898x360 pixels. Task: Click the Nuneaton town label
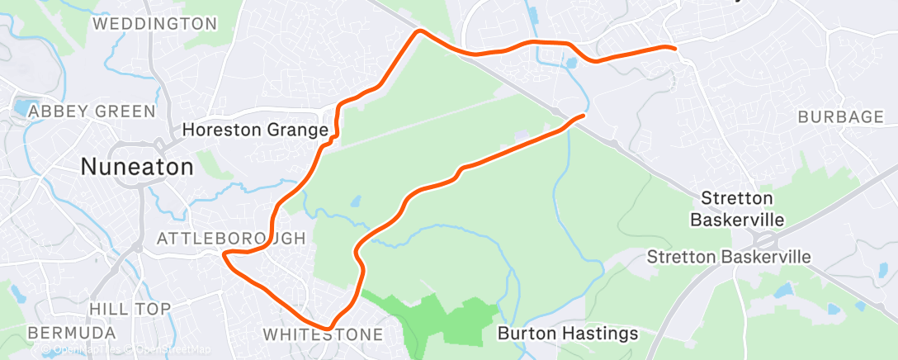click(x=137, y=167)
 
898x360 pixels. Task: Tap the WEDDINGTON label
click(x=154, y=24)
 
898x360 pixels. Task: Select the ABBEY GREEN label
click(x=91, y=111)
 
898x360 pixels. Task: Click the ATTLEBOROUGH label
click(x=231, y=239)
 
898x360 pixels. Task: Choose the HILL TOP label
click(x=130, y=308)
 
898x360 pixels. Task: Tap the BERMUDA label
click(x=71, y=332)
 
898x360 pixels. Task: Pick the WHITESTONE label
click(x=323, y=334)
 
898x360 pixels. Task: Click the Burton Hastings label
click(x=568, y=334)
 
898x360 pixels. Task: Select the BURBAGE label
click(x=840, y=117)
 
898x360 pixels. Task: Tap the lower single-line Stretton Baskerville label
click(x=728, y=258)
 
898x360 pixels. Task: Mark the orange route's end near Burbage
click(x=676, y=49)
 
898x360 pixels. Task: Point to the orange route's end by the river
click(x=583, y=116)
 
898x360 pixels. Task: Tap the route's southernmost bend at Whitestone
click(x=328, y=328)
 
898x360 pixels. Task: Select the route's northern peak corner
click(x=419, y=31)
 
